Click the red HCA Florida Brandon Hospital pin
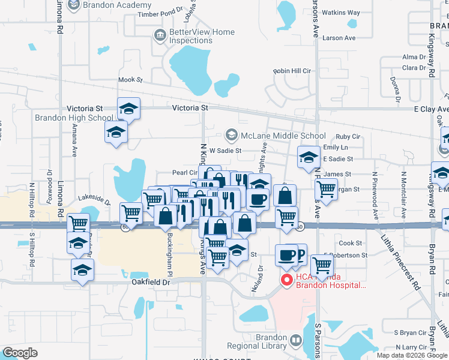(x=286, y=280)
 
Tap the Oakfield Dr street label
(x=152, y=281)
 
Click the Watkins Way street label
(x=342, y=13)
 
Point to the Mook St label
(x=131, y=80)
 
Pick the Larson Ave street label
(x=339, y=38)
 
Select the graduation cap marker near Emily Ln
(x=309, y=158)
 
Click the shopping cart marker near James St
(x=325, y=190)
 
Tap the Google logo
(x=20, y=352)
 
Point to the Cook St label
(x=351, y=243)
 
